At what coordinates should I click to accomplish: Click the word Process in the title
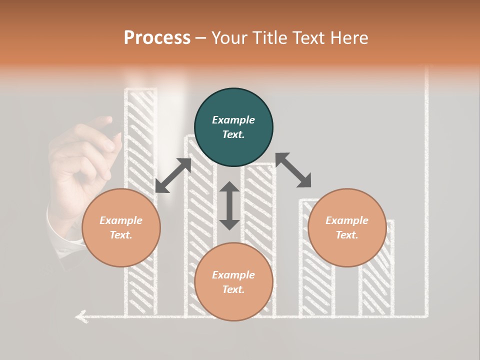[157, 38]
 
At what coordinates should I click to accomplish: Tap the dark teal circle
[233, 127]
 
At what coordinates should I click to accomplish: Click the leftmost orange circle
[121, 228]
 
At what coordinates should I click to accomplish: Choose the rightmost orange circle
[347, 228]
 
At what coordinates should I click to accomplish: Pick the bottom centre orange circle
[233, 282]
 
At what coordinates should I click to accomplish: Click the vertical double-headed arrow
[229, 205]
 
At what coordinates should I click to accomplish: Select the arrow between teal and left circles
[173, 175]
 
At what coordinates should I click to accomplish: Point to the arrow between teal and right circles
[293, 170]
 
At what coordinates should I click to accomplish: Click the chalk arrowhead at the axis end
[80, 316]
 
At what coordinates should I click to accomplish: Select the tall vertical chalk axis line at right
[426, 190]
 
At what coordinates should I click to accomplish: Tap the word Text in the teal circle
[233, 134]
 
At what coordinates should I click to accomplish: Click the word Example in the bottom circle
[233, 275]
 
